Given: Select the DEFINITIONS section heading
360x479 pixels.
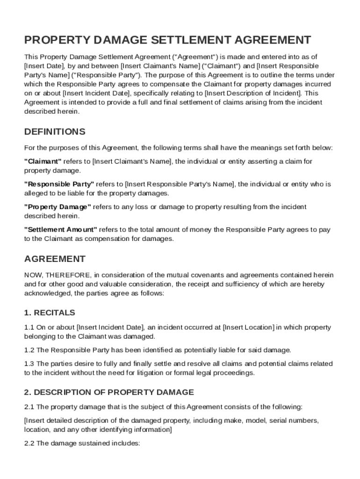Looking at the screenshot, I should click(x=55, y=131).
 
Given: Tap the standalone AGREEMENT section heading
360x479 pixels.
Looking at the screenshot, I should click(x=55, y=259).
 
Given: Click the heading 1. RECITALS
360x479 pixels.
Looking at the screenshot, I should click(x=50, y=312).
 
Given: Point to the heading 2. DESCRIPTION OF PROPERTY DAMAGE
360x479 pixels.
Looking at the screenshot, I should click(x=109, y=392).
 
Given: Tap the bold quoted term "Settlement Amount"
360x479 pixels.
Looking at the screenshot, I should click(x=61, y=230).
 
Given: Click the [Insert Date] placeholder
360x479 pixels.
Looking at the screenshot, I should click(x=41, y=66).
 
